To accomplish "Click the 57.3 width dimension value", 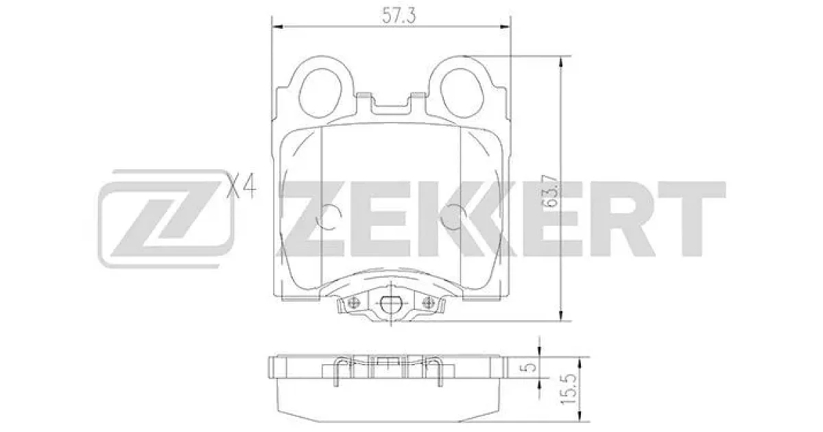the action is [399, 16].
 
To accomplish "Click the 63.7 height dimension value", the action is [552, 193].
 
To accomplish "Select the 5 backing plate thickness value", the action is [529, 367].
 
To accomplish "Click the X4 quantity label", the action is [241, 187].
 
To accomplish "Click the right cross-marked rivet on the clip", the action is [428, 303].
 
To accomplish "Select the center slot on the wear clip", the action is [390, 304].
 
